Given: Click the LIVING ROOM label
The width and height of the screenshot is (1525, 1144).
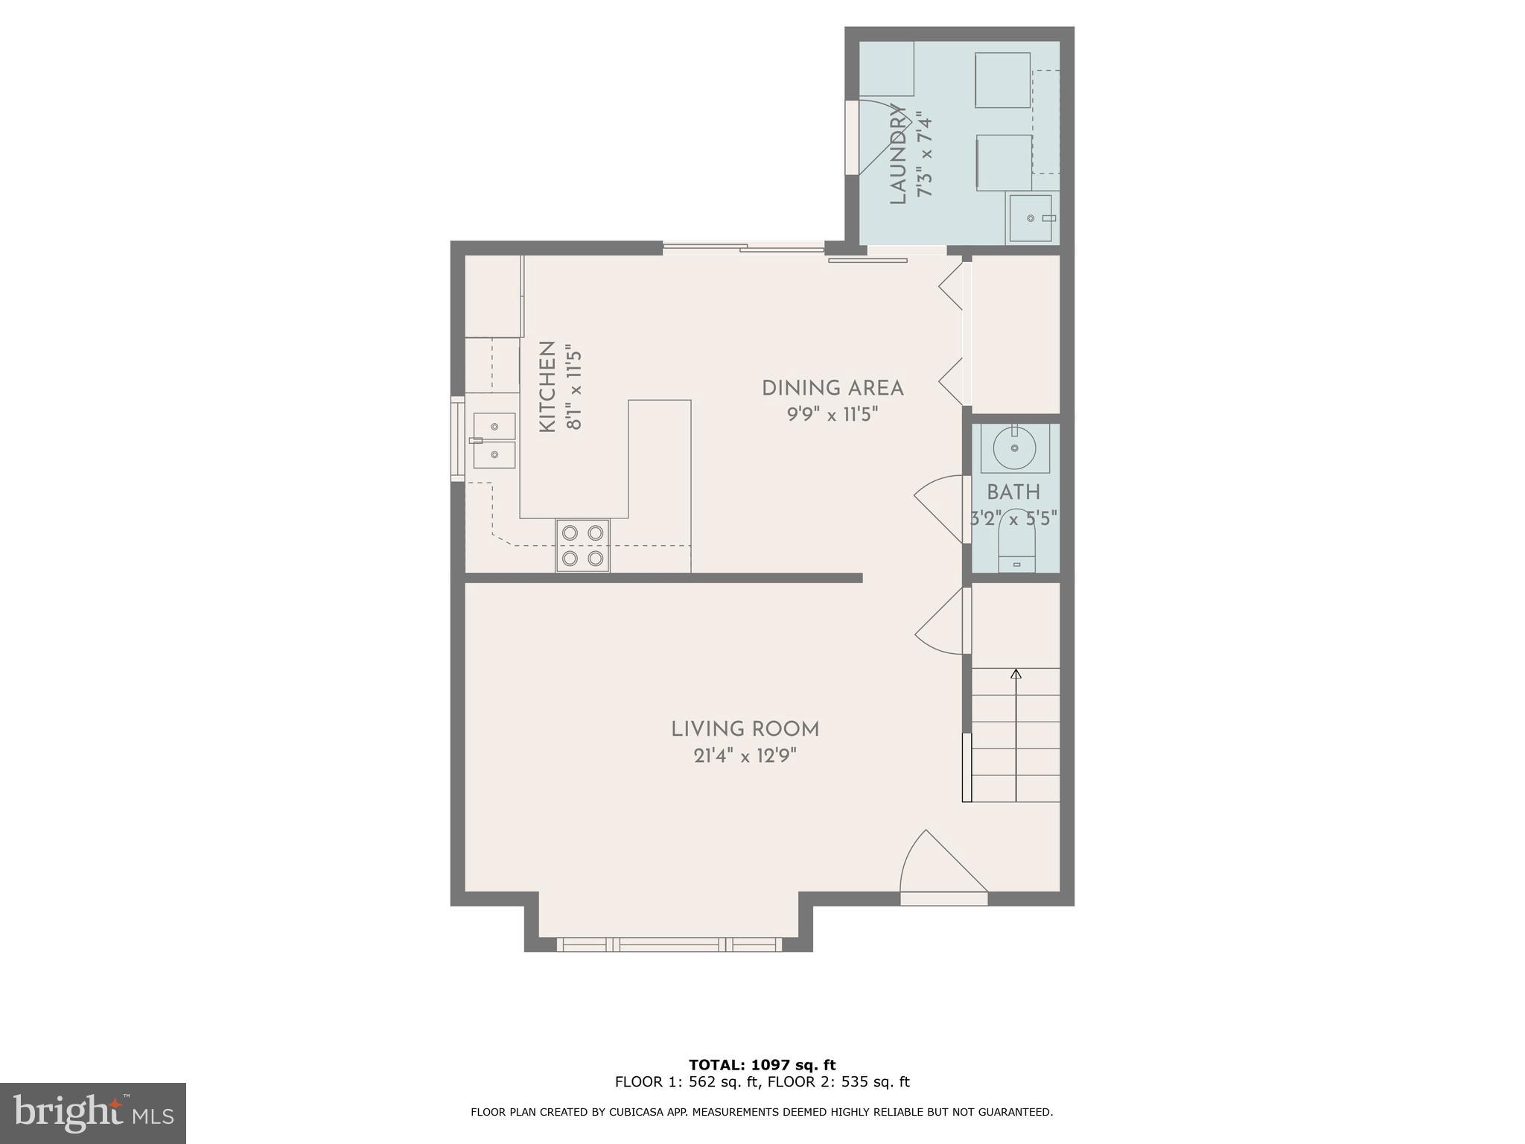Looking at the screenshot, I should tap(745, 729).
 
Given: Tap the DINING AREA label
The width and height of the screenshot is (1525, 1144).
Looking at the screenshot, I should tap(832, 388).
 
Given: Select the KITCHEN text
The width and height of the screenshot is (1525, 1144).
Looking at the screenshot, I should tap(547, 387).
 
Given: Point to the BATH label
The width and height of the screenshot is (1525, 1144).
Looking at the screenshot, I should tap(1013, 492).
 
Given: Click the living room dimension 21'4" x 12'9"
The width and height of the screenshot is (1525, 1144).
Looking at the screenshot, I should tap(745, 756).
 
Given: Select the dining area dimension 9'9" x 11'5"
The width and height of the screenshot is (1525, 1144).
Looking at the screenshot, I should tap(832, 414).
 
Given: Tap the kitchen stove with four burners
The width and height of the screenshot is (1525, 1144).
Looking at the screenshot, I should tap(582, 545).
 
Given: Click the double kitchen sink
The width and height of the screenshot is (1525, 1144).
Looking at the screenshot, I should tap(494, 440).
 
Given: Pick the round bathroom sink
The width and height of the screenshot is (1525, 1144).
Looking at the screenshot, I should tap(1014, 448).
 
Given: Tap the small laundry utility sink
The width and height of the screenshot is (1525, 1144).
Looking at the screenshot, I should tap(1031, 217).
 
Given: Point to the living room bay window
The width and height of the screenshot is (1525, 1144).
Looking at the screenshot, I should tap(669, 944).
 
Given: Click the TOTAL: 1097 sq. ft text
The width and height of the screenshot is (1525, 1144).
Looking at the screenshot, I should tap(762, 1065).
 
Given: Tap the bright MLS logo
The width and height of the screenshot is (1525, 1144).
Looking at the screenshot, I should tap(93, 1113).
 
